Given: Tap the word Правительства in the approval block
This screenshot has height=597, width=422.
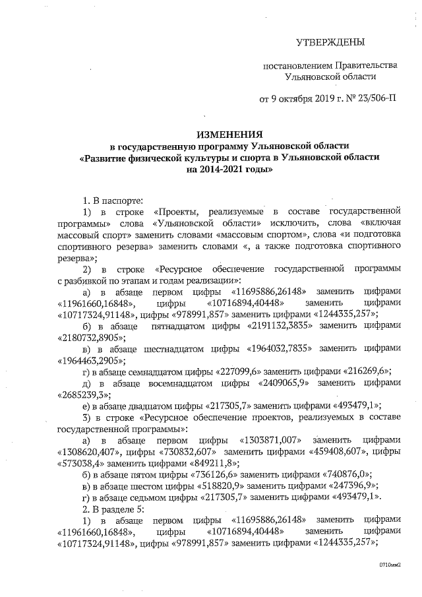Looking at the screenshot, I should (x=365, y=65).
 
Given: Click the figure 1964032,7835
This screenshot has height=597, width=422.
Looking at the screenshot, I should (x=284, y=348).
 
